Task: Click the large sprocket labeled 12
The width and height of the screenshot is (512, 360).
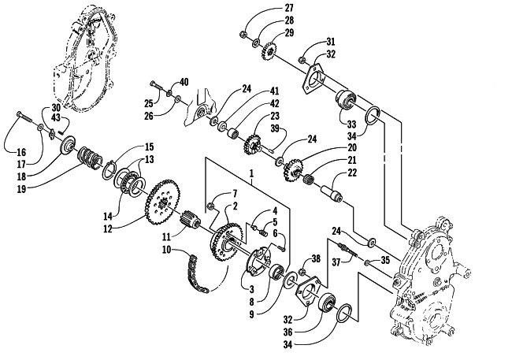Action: pos(161,202)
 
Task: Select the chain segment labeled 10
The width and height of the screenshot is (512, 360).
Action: pos(195,275)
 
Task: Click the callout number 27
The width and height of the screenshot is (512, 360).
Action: pos(289,8)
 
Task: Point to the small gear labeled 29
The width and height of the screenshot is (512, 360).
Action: pos(269,50)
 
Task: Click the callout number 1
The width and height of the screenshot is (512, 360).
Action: pos(252,173)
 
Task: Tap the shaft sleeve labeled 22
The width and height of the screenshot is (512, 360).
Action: pos(331,194)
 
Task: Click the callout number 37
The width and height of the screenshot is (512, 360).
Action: pos(337,262)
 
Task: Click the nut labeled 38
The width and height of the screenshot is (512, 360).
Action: pos(302,272)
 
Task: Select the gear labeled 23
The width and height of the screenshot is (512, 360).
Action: pos(251,146)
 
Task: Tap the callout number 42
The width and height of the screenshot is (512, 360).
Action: pos(275,103)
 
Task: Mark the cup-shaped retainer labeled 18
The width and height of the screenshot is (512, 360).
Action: pos(68,147)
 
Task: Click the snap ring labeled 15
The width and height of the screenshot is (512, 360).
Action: pos(109,169)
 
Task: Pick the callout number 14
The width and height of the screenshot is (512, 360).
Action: pos(108,216)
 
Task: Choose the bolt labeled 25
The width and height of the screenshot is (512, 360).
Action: pos(157,85)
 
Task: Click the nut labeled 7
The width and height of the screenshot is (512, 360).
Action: pos(211,206)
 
